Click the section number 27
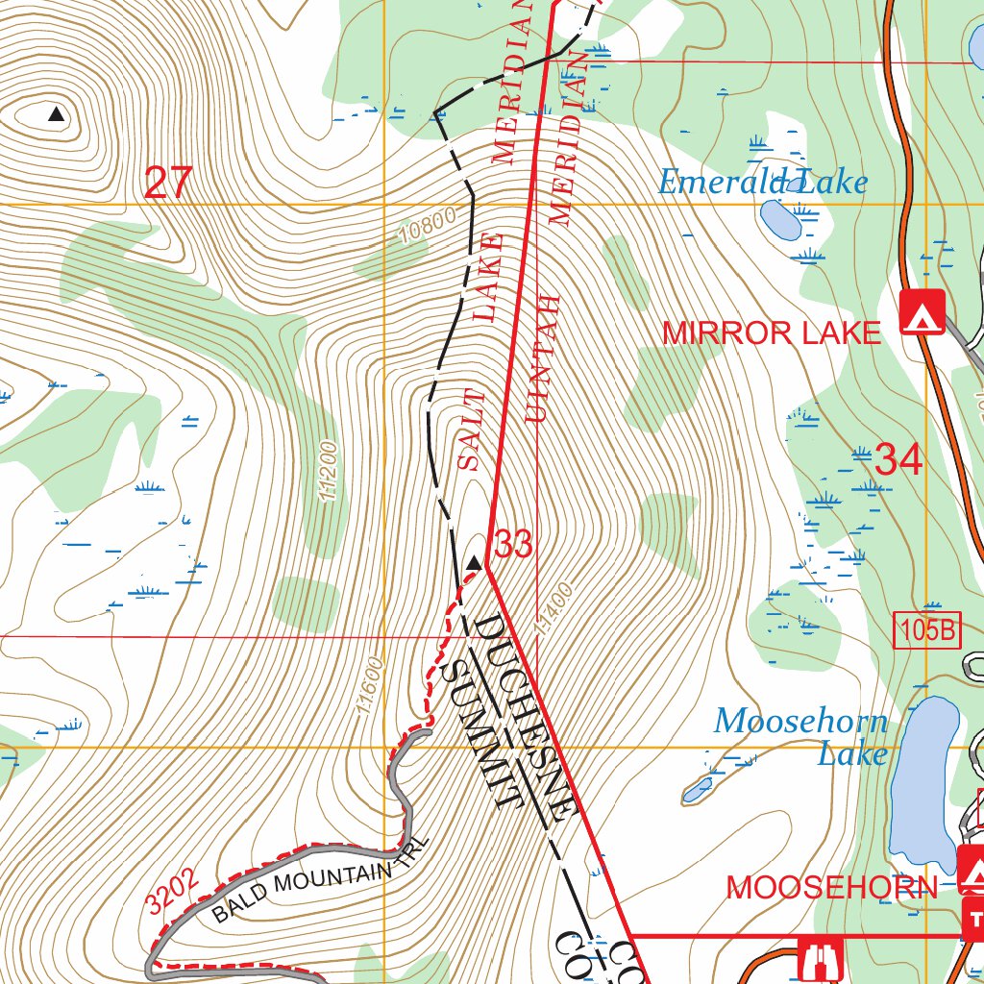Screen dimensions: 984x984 [x=168, y=183]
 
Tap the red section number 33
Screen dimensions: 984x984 [x=513, y=546]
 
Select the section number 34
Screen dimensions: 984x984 [x=898, y=461]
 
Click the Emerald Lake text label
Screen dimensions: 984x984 [x=762, y=182]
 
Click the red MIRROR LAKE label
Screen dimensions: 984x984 [x=772, y=332]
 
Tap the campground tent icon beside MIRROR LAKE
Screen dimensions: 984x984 [x=922, y=312]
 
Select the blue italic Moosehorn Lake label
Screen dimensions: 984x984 [x=801, y=736]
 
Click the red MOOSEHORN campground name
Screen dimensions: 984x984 [x=831, y=887]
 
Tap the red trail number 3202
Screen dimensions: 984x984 [x=174, y=890]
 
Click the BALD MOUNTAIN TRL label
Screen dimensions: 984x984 [x=316, y=891]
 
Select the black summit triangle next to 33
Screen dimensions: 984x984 [x=473, y=563]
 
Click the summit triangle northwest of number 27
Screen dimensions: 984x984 [x=57, y=114]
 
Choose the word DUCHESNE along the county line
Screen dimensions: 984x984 [x=524, y=716]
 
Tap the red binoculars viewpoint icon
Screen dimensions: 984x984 [x=821, y=958]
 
